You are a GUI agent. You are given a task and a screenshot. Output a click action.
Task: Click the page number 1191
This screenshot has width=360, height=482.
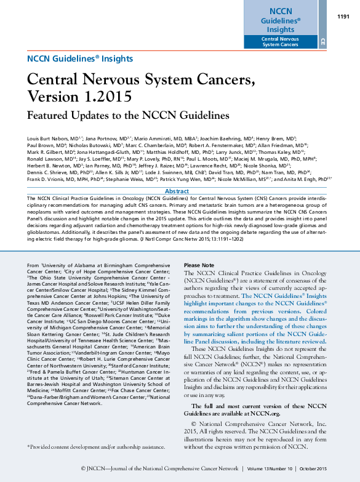[343, 17]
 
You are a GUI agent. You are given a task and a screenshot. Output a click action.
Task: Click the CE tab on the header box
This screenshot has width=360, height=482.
[322, 41]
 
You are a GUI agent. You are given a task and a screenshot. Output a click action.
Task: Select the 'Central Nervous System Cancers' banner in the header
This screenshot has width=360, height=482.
[281, 41]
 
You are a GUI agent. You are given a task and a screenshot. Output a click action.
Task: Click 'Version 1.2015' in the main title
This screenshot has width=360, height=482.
[79, 97]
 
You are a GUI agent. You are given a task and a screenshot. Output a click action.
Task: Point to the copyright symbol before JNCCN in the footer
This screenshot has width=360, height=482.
[84, 468]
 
